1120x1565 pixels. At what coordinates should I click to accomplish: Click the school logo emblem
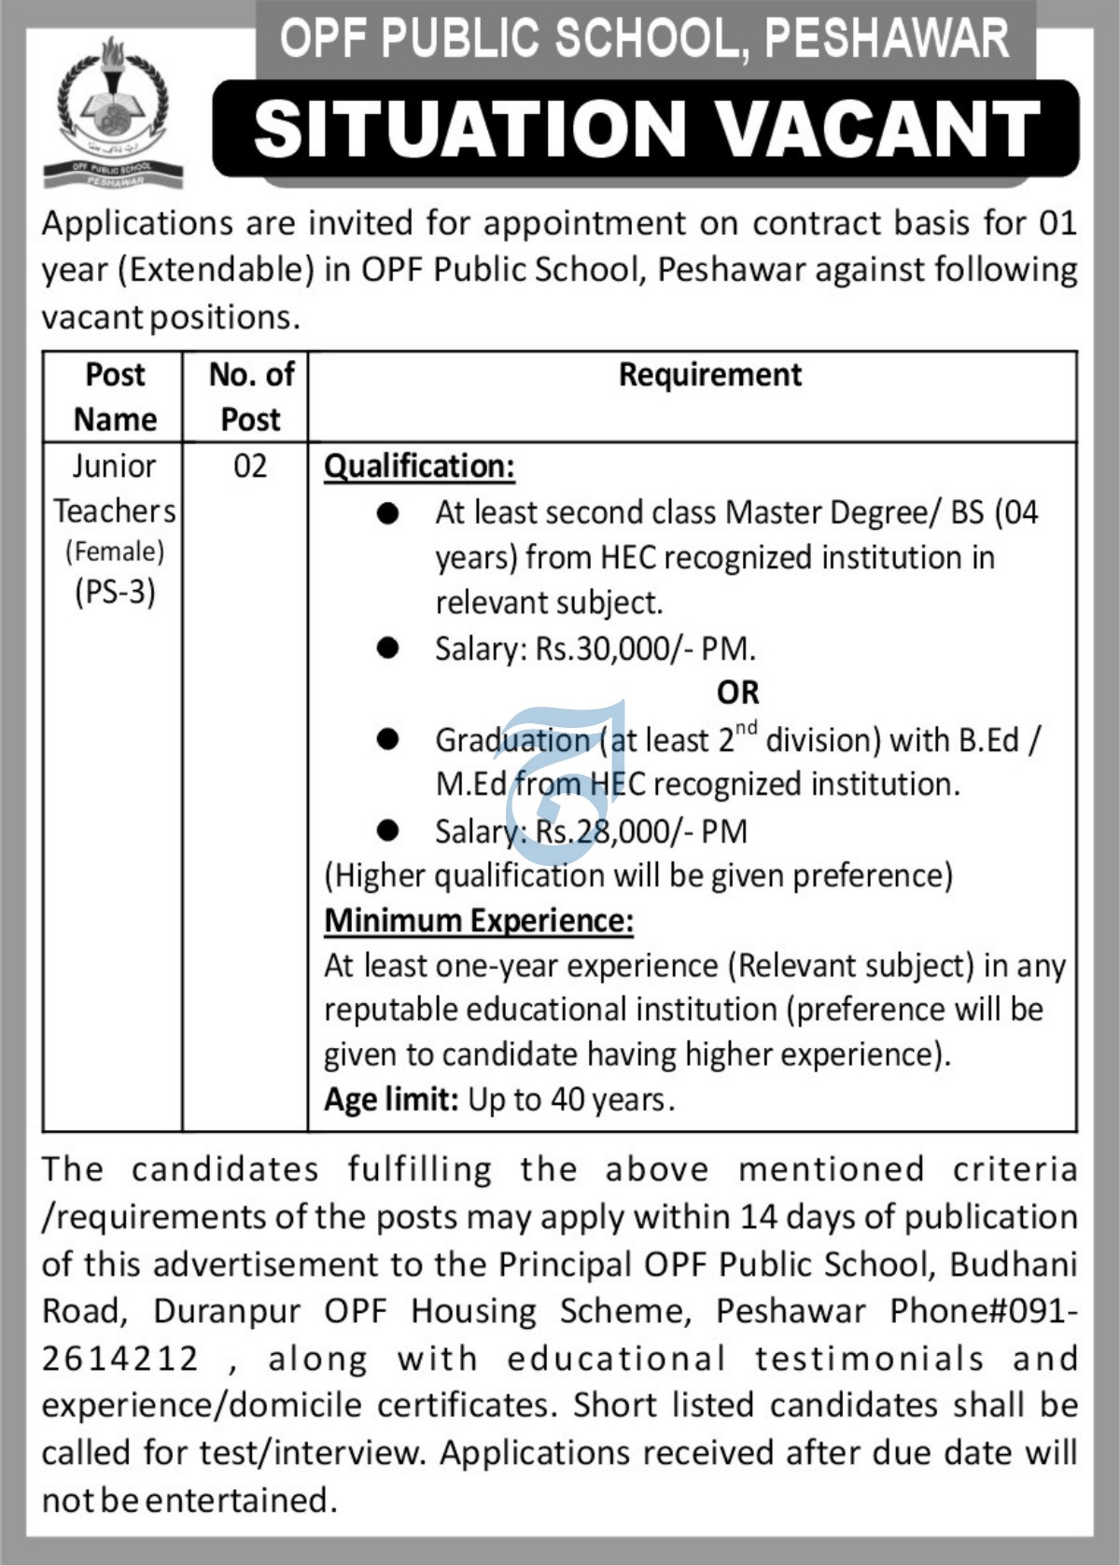pos(113,112)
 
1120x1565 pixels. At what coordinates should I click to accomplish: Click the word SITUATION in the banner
pos(469,129)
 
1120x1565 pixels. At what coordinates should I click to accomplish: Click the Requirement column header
pos(709,375)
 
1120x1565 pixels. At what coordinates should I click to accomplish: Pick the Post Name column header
pos(115,397)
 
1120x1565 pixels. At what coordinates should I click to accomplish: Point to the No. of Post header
pos(250,397)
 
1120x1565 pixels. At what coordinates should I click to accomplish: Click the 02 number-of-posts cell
pos(250,466)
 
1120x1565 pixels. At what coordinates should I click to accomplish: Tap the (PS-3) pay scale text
pos(115,593)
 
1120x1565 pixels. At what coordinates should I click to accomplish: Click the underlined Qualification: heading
pos(419,466)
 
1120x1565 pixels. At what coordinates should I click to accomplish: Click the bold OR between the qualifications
pos(737,692)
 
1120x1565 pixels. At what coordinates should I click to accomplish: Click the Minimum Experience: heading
pos(479,921)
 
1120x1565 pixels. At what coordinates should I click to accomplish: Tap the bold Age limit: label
pos(391,1099)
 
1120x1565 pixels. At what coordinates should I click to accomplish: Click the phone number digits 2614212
pos(120,1359)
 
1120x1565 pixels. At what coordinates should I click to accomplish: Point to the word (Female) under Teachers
pos(115,552)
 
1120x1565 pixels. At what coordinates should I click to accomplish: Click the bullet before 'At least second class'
pos(387,512)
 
